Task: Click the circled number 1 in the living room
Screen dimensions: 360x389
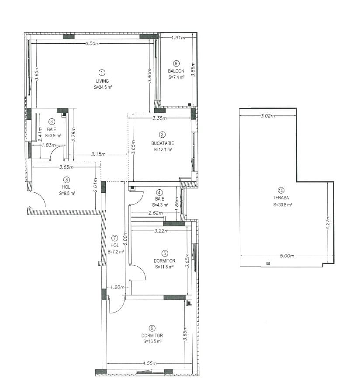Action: click(102, 73)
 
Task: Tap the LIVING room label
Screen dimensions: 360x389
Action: click(102, 81)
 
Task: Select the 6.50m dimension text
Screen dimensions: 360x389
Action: click(93, 43)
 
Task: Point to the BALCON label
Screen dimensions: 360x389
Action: click(176, 71)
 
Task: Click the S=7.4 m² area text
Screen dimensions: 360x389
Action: click(176, 77)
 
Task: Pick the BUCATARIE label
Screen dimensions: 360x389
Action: click(163, 143)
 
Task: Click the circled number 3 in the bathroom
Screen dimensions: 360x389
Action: click(52, 122)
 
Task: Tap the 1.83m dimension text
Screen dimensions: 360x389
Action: click(48, 145)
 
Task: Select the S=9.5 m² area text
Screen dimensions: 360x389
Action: click(67, 194)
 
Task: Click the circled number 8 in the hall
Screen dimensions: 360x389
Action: click(66, 180)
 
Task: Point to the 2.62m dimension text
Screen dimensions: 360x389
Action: click(156, 213)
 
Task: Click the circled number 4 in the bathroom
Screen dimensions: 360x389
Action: click(159, 192)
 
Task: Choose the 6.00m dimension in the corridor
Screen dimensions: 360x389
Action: click(125, 239)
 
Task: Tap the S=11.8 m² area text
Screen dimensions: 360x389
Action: click(164, 267)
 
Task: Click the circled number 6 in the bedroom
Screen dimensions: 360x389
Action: click(152, 328)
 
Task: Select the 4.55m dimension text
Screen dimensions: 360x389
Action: click(150, 363)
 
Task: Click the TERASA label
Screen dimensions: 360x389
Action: click(281, 198)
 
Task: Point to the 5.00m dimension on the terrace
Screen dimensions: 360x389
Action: click(287, 256)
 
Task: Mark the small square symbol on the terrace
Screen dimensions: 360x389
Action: click(268, 264)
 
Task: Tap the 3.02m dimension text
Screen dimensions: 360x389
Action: click(268, 116)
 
